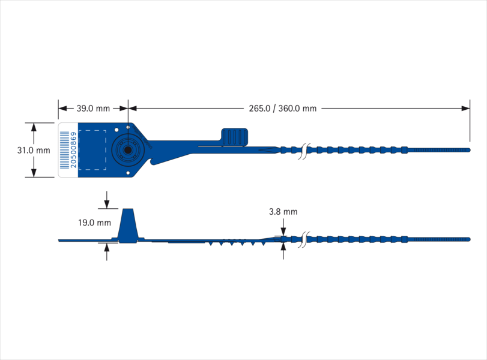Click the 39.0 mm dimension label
click(x=93, y=109)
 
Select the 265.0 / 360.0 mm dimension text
click(x=283, y=109)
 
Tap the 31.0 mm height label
click(x=34, y=150)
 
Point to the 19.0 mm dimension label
click(x=94, y=223)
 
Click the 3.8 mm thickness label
click(x=283, y=212)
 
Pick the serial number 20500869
click(x=74, y=150)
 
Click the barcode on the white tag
click(x=65, y=150)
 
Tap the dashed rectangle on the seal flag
click(x=92, y=150)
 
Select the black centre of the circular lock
click(x=128, y=150)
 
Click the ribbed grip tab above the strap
click(x=235, y=137)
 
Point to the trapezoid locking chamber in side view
click(x=128, y=226)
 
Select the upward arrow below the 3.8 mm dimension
click(x=283, y=251)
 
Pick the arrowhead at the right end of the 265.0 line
click(x=465, y=109)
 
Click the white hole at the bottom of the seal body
click(x=128, y=173)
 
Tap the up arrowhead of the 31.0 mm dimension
click(x=34, y=127)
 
